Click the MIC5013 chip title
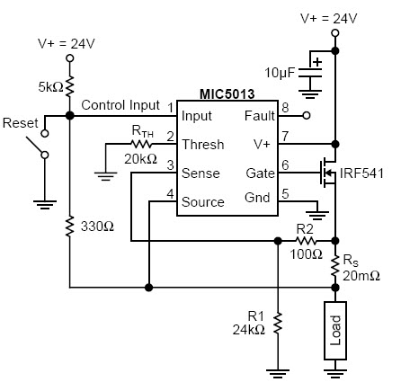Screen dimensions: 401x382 [x=227, y=94]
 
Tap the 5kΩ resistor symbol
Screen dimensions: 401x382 [x=69, y=86]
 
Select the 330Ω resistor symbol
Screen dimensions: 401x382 [x=69, y=227]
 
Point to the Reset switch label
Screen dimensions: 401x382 [x=21, y=123]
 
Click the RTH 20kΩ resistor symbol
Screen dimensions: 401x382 [x=141, y=145]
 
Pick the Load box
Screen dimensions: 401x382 [x=335, y=331]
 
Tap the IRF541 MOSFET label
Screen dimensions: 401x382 [x=361, y=173]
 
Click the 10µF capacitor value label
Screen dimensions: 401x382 [x=280, y=73]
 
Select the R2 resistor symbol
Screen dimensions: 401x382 [x=306, y=241]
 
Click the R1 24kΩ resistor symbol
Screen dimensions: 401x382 [x=278, y=323]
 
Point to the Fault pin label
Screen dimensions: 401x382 [x=260, y=116]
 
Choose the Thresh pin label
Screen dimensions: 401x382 [x=203, y=145]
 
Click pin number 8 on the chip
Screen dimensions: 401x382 [x=285, y=108]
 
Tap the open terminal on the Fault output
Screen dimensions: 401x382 [x=307, y=115]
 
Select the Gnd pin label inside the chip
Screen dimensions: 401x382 [x=257, y=198]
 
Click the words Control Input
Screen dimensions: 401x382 [x=120, y=105]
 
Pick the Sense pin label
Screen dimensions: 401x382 [x=200, y=173]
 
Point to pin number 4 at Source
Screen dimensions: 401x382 [x=170, y=194]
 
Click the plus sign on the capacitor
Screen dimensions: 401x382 [x=317, y=62]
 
